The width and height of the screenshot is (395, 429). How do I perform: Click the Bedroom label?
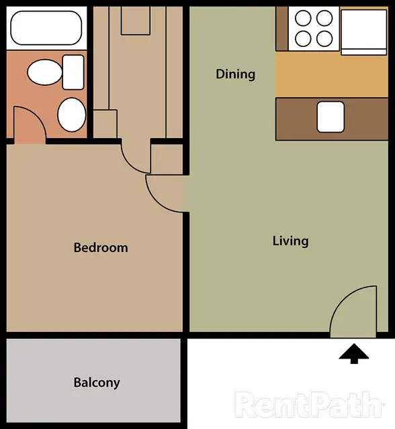click(x=101, y=247)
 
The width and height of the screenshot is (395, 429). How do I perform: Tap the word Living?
click(x=291, y=241)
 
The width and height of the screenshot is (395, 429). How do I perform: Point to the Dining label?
click(x=236, y=74)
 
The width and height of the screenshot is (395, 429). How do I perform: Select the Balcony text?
click(x=97, y=383)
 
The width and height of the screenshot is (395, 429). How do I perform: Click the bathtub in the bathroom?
click(x=46, y=28)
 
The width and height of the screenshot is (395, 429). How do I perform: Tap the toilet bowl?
click(x=45, y=72)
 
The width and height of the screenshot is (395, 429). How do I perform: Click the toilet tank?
click(x=73, y=72)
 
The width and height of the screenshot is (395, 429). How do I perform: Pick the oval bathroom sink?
click(x=72, y=115)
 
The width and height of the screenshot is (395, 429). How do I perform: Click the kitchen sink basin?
click(x=331, y=117)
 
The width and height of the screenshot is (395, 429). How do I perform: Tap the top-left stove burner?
click(x=303, y=18)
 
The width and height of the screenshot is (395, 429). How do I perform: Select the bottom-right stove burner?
click(x=324, y=39)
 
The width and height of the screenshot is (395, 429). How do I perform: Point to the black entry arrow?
click(x=354, y=353)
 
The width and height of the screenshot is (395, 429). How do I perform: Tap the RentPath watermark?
click(x=309, y=405)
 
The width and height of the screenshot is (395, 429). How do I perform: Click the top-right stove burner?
click(x=324, y=18)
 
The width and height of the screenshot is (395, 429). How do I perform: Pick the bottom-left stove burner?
click(x=303, y=39)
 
